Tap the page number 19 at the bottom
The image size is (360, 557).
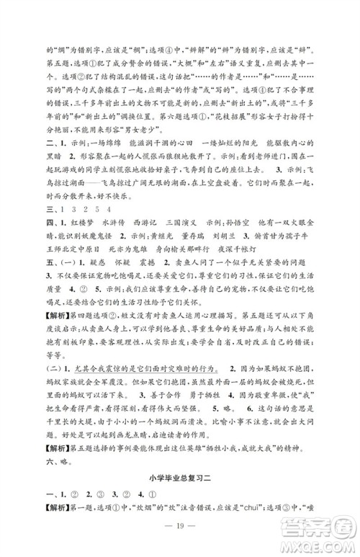click(x=179, y=534)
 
